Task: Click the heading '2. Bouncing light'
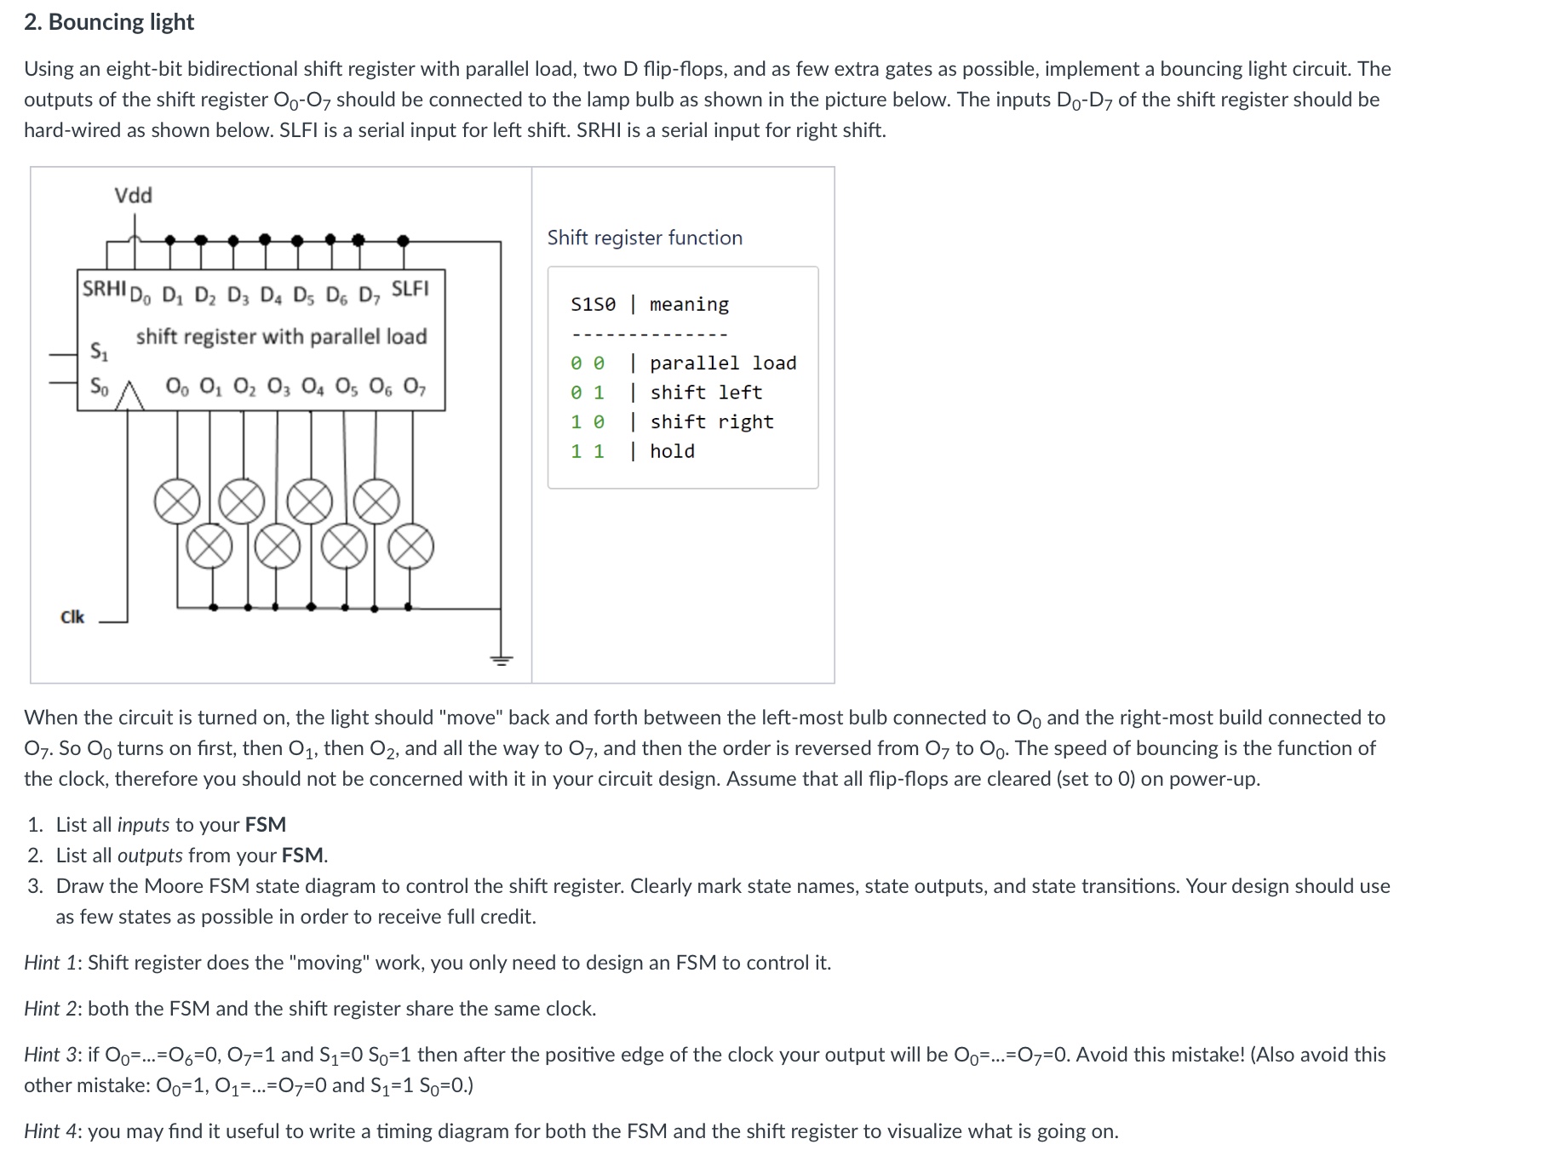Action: [x=109, y=22]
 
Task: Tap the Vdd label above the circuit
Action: [x=134, y=196]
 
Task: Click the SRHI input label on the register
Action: [x=104, y=289]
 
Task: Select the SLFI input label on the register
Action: [x=410, y=289]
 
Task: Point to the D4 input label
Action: [x=270, y=296]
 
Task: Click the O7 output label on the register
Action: [x=414, y=387]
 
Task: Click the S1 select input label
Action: [x=99, y=351]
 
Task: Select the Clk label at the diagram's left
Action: [x=72, y=617]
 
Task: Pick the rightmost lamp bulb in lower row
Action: [x=411, y=547]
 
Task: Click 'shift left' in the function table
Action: [x=706, y=392]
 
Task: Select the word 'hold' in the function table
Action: [x=672, y=451]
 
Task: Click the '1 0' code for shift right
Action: [x=588, y=422]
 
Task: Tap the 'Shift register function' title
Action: [x=645, y=238]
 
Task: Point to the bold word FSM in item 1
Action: [x=265, y=825]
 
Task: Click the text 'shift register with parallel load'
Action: [x=281, y=337]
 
